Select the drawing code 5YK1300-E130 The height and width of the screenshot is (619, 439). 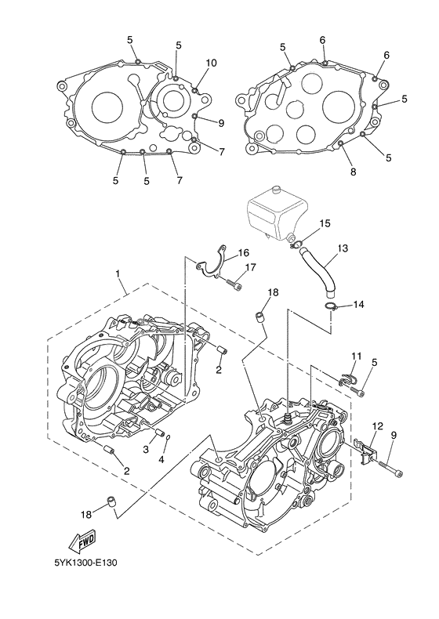click(x=85, y=562)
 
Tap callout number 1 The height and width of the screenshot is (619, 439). click(x=118, y=273)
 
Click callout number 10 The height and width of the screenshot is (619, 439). click(x=212, y=63)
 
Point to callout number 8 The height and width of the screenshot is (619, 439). click(x=354, y=172)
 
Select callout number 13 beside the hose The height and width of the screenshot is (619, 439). click(x=343, y=248)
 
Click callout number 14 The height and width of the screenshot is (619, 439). click(x=358, y=305)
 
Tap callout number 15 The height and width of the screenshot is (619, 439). click(x=325, y=224)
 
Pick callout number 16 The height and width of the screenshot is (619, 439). click(x=243, y=252)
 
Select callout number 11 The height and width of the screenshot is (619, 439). click(x=357, y=356)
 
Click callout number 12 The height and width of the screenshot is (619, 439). click(x=378, y=426)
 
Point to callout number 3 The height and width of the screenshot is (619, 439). click(x=146, y=449)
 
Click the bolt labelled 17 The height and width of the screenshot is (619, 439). click(x=234, y=283)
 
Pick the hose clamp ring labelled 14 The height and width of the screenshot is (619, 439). click(x=331, y=306)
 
